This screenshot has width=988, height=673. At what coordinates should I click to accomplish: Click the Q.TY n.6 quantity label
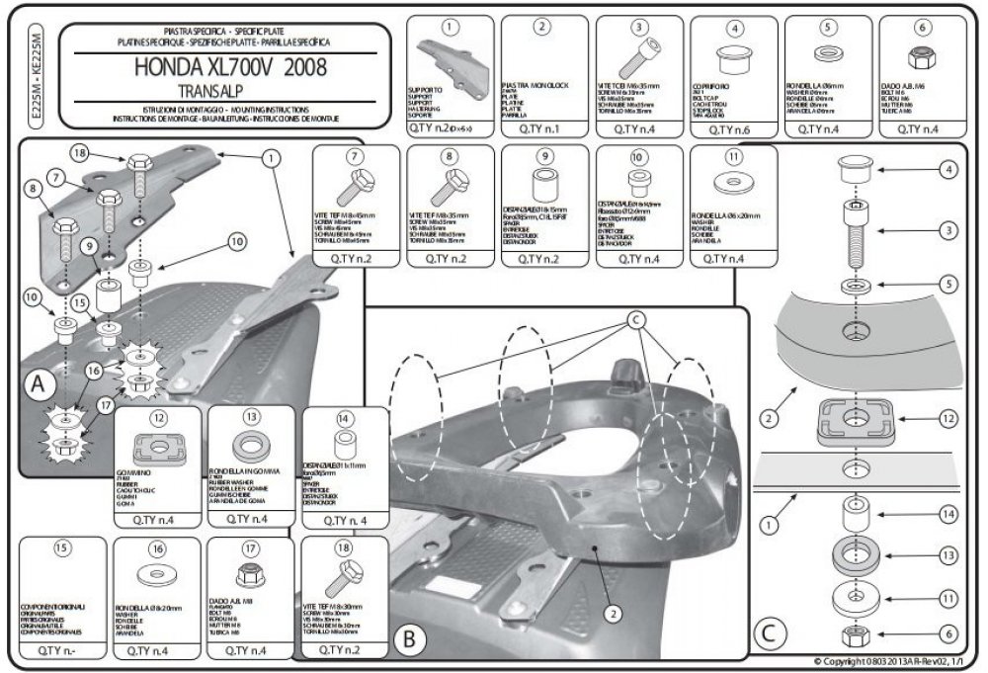pos(731,128)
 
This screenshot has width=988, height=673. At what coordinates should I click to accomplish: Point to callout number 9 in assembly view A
pos(91,245)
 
